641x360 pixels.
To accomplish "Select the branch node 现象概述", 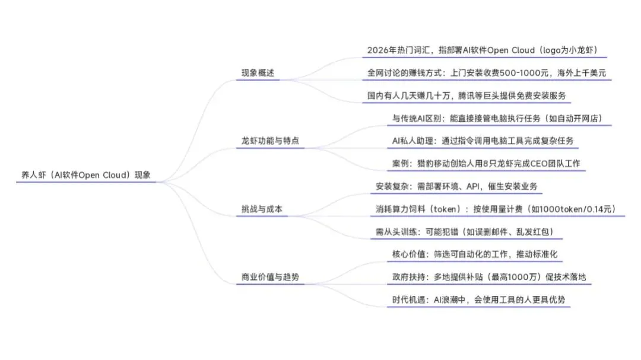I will (x=258, y=74).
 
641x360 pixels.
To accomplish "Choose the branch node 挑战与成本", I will (x=262, y=209).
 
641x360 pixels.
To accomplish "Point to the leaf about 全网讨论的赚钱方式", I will (x=486, y=73).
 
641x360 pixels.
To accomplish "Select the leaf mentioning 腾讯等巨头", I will (x=469, y=95).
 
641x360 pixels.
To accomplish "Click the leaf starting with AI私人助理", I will (x=483, y=141).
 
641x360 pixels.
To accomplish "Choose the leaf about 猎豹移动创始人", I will (x=488, y=164).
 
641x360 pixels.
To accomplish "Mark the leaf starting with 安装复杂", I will (x=456, y=186).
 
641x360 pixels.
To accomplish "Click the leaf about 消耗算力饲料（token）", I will (x=496, y=209).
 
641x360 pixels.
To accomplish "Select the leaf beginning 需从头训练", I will (x=465, y=231).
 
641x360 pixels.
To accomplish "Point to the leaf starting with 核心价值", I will (x=475, y=254).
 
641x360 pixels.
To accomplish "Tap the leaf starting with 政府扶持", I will (x=490, y=277).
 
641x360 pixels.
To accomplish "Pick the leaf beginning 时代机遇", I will (x=480, y=300).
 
